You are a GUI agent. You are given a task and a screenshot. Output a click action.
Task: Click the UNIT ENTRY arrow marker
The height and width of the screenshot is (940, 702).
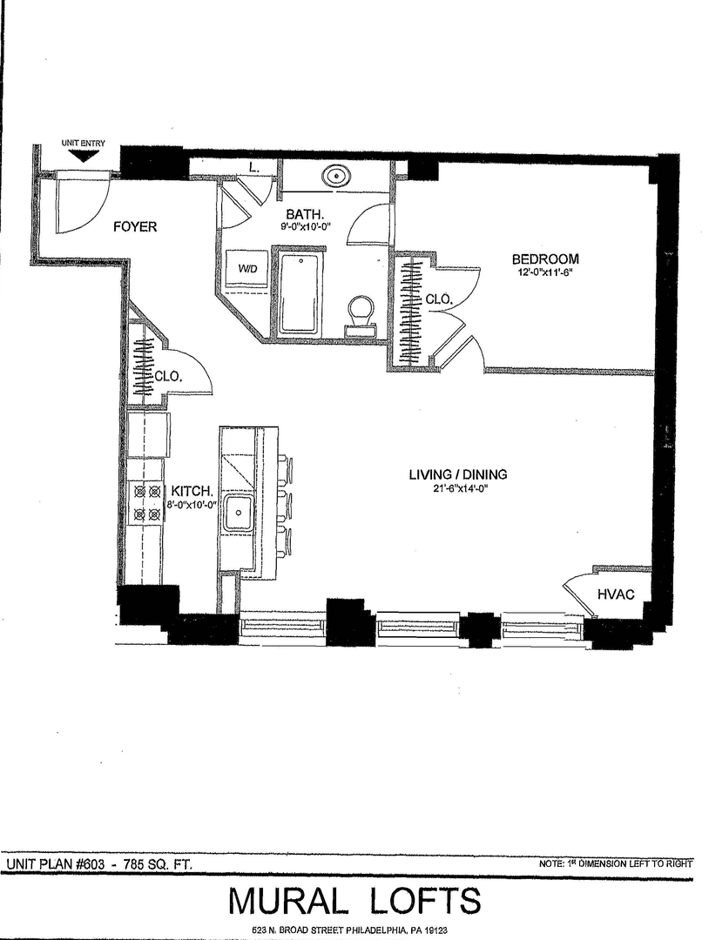[x=83, y=156]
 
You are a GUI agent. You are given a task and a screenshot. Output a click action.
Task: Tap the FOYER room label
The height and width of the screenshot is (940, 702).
[x=135, y=226]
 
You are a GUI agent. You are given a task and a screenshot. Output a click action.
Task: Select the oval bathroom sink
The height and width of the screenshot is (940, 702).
[x=336, y=176]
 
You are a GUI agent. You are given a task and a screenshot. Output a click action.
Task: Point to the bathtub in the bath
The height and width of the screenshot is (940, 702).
[x=300, y=293]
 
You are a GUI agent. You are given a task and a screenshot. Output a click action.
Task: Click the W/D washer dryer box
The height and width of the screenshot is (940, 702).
[x=248, y=269]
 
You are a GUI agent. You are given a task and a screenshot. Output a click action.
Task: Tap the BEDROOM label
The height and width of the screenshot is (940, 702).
[x=545, y=259]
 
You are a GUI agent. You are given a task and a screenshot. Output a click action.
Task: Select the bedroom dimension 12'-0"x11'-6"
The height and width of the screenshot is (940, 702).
[x=545, y=271]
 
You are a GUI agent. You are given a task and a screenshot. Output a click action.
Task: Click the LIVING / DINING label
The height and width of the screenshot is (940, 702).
[x=458, y=474]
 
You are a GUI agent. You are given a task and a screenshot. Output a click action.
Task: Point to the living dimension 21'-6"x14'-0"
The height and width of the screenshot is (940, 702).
[x=458, y=487]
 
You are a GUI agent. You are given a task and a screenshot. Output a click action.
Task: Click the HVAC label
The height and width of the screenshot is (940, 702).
[x=616, y=594]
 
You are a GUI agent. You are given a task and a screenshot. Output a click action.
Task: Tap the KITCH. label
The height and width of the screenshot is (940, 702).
[x=192, y=491]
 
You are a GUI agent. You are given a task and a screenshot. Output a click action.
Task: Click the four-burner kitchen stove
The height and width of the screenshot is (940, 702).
[x=147, y=502]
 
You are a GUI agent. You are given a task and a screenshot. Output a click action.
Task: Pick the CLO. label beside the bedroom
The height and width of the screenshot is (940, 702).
[x=439, y=299]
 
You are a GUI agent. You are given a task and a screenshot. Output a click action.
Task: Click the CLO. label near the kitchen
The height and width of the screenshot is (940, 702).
[x=168, y=377]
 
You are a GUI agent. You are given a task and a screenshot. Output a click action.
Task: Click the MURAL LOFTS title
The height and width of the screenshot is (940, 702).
[x=354, y=901]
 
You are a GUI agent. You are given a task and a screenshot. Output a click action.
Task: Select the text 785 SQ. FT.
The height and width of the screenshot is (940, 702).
[x=158, y=864]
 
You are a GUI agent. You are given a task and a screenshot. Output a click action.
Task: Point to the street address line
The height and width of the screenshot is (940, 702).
[x=350, y=930]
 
